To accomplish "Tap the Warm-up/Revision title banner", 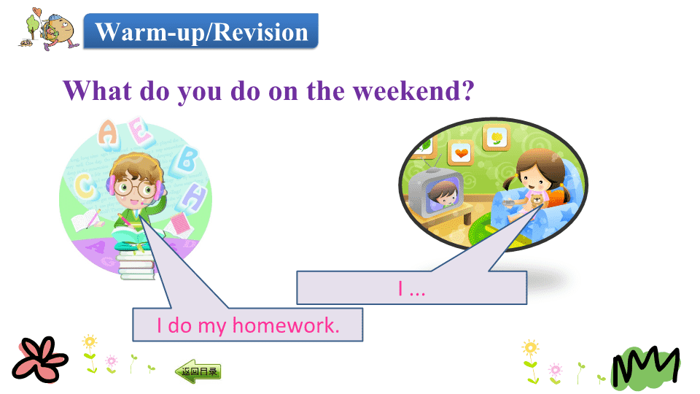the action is coord(201,31).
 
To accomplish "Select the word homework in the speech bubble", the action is coord(286,325).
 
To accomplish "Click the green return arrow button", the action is coord(198,371).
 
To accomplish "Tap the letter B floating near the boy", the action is coord(187,160).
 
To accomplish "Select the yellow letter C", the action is coord(85,186).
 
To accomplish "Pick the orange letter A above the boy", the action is coord(108,133).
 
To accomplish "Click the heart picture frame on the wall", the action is coord(461,152).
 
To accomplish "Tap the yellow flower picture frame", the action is coord(496,137).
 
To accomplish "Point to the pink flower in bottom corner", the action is coord(40,359).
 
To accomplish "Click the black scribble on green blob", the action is coord(647,366).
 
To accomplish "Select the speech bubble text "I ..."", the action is coord(411,289).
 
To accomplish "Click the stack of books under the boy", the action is coord(136,264).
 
